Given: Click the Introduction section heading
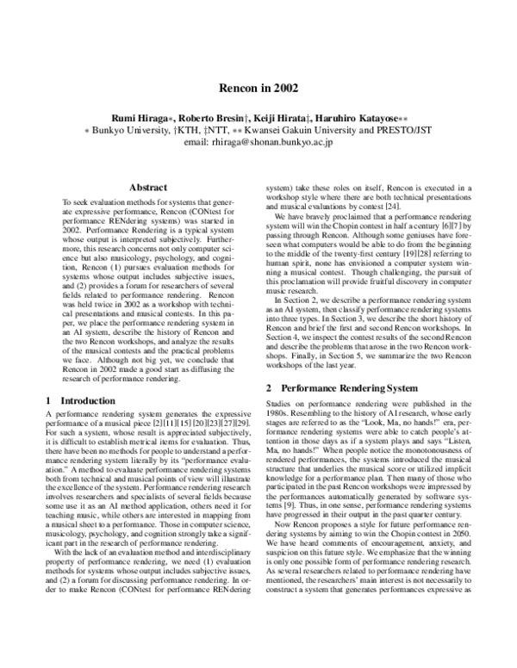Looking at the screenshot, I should tap(84, 400).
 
